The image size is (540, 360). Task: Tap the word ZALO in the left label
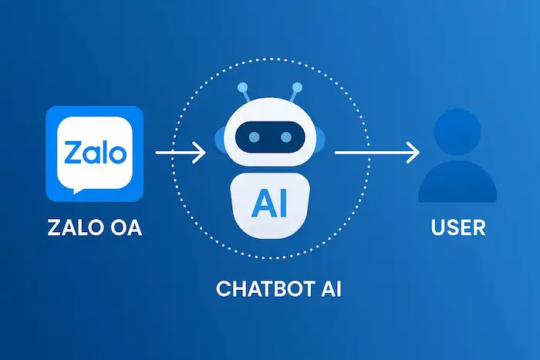[70, 228]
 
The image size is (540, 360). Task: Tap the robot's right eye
[286, 138]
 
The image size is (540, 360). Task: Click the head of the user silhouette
[457, 133]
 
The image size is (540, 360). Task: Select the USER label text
[457, 228]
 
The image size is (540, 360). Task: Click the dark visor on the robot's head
[271, 138]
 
